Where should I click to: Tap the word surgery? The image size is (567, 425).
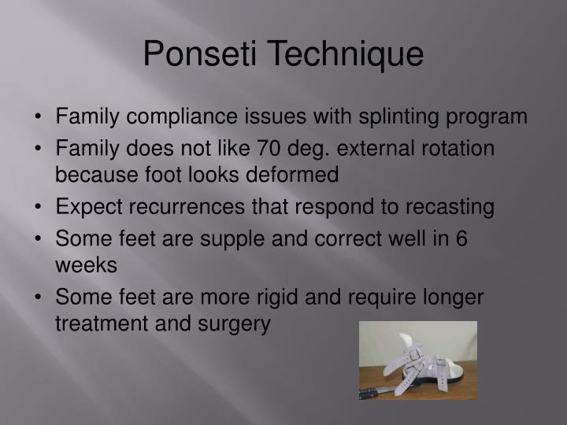point(236,323)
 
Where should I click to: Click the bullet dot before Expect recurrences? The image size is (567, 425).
point(39,207)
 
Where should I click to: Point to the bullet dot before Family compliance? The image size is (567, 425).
point(39,117)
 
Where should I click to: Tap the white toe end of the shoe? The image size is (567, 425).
point(461,368)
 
